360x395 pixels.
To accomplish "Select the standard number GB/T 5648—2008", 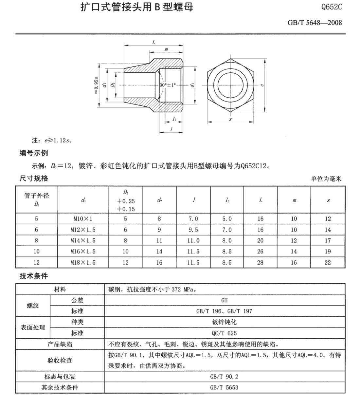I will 315,23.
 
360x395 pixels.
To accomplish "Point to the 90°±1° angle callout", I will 168,85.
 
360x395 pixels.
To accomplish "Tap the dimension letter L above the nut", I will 153,42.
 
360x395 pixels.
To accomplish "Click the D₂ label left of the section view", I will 113,85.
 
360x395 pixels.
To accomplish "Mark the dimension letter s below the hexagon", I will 230,119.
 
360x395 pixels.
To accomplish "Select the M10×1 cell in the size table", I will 81,219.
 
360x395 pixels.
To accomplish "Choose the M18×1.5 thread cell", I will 83,262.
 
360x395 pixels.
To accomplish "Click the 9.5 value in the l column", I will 193,230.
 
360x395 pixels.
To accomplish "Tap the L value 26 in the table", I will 260,252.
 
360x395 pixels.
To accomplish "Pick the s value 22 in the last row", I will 328,262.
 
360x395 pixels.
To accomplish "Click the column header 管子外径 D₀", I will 36,199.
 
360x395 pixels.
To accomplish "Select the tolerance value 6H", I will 224,300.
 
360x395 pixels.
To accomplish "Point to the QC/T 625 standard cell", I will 224,333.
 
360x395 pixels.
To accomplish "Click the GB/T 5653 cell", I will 224,387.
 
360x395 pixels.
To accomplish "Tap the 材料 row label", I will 60,289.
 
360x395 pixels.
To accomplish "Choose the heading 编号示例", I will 34,153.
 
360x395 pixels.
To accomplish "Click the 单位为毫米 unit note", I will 326,179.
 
